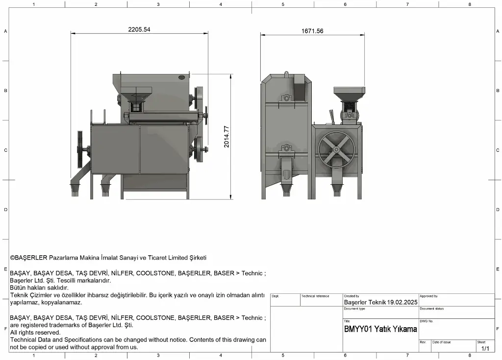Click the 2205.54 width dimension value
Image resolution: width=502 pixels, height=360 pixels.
[139, 29]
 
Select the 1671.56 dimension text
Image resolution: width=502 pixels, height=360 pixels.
[312, 31]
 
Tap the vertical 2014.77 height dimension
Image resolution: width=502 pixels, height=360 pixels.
[226, 137]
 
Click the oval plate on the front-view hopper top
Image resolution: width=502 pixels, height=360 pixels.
[181, 77]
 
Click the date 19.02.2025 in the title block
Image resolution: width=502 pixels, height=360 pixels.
[402, 302]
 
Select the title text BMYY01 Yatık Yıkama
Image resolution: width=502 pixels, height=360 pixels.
[380, 329]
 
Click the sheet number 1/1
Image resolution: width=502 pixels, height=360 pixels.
[485, 348]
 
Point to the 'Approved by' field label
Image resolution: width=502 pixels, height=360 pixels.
[428, 296]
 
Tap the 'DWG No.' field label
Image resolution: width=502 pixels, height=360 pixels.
[426, 321]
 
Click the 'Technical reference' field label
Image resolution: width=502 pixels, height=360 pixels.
[315, 296]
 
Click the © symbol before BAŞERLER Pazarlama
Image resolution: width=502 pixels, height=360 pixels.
[12, 258]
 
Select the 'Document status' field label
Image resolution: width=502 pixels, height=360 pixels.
[431, 309]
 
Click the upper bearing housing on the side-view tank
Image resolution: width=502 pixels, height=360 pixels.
[286, 98]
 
